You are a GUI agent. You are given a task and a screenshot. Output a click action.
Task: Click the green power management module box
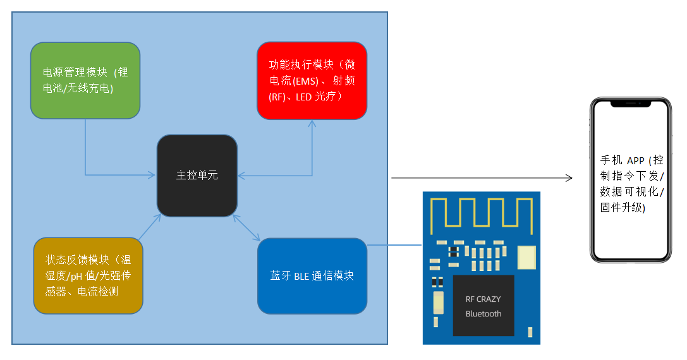tap(85, 81)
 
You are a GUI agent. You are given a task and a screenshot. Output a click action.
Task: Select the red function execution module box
tap(312, 80)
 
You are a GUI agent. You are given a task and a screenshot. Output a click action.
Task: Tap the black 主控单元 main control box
tap(197, 176)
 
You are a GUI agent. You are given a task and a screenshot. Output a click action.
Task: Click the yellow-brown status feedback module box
tap(87, 275)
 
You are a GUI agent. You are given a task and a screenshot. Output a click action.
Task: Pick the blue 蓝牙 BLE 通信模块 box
tap(312, 276)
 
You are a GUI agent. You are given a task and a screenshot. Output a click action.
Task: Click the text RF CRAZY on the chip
tap(483, 299)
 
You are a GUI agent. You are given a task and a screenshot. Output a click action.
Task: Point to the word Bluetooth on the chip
tap(483, 314)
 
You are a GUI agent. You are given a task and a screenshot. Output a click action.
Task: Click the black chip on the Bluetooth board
tap(483, 306)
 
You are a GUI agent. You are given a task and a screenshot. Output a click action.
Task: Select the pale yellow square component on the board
tap(526, 256)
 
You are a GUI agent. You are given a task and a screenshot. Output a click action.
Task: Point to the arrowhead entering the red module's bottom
tap(312, 123)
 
